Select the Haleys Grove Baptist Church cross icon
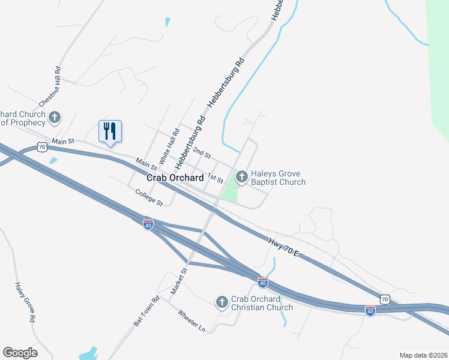(242, 176)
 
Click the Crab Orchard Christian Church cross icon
(221, 302)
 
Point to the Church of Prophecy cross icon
(55, 117)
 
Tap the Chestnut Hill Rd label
(51, 93)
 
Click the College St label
(149, 197)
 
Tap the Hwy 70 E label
(283, 248)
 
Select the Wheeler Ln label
(191, 320)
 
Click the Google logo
(20, 353)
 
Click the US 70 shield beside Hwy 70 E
(385, 298)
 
